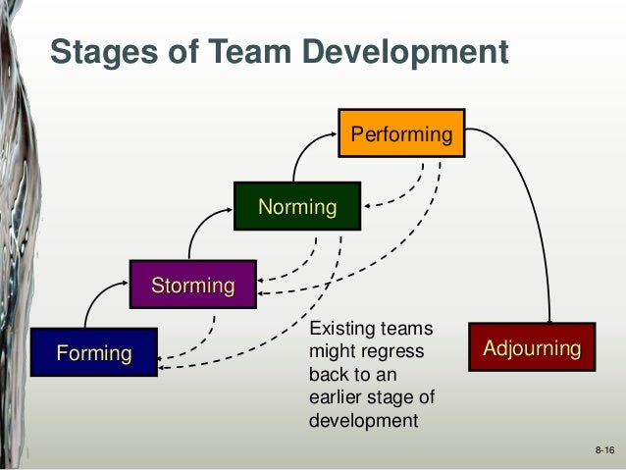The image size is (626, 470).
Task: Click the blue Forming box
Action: [94, 352]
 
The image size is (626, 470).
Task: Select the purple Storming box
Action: [192, 286]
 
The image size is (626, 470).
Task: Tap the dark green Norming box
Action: [296, 206]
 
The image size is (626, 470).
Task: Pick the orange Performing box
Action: [400, 132]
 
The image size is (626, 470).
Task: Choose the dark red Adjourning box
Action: [531, 347]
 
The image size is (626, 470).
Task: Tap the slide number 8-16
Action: [603, 449]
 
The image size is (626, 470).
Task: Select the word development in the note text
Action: [363, 421]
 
